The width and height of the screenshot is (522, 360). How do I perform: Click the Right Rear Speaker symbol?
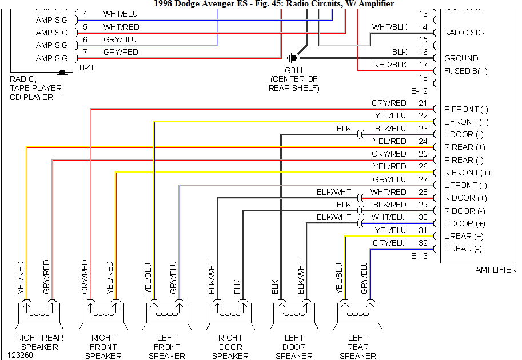click(x=39, y=314)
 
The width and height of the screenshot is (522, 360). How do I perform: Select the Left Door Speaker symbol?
click(x=294, y=314)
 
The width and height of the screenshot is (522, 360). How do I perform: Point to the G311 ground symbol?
click(x=293, y=58)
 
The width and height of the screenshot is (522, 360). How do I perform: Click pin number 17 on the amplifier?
click(x=423, y=65)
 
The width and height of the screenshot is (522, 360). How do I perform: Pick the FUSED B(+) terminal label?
click(x=466, y=71)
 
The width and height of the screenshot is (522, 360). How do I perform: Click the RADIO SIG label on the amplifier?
click(x=464, y=33)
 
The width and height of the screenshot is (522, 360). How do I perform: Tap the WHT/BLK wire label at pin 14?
click(x=389, y=27)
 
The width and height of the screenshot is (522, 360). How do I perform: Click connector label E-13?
click(x=420, y=257)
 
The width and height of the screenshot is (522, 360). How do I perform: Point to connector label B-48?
click(x=88, y=67)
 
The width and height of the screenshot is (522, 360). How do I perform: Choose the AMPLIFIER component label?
click(x=496, y=270)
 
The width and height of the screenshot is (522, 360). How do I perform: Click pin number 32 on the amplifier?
click(x=423, y=243)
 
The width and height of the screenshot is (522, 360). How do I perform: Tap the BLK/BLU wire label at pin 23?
click(x=390, y=129)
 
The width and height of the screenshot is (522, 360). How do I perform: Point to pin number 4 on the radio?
click(x=85, y=14)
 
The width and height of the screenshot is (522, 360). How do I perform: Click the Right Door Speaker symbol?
click(x=230, y=314)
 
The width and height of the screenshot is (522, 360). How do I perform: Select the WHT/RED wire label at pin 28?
click(x=388, y=192)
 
